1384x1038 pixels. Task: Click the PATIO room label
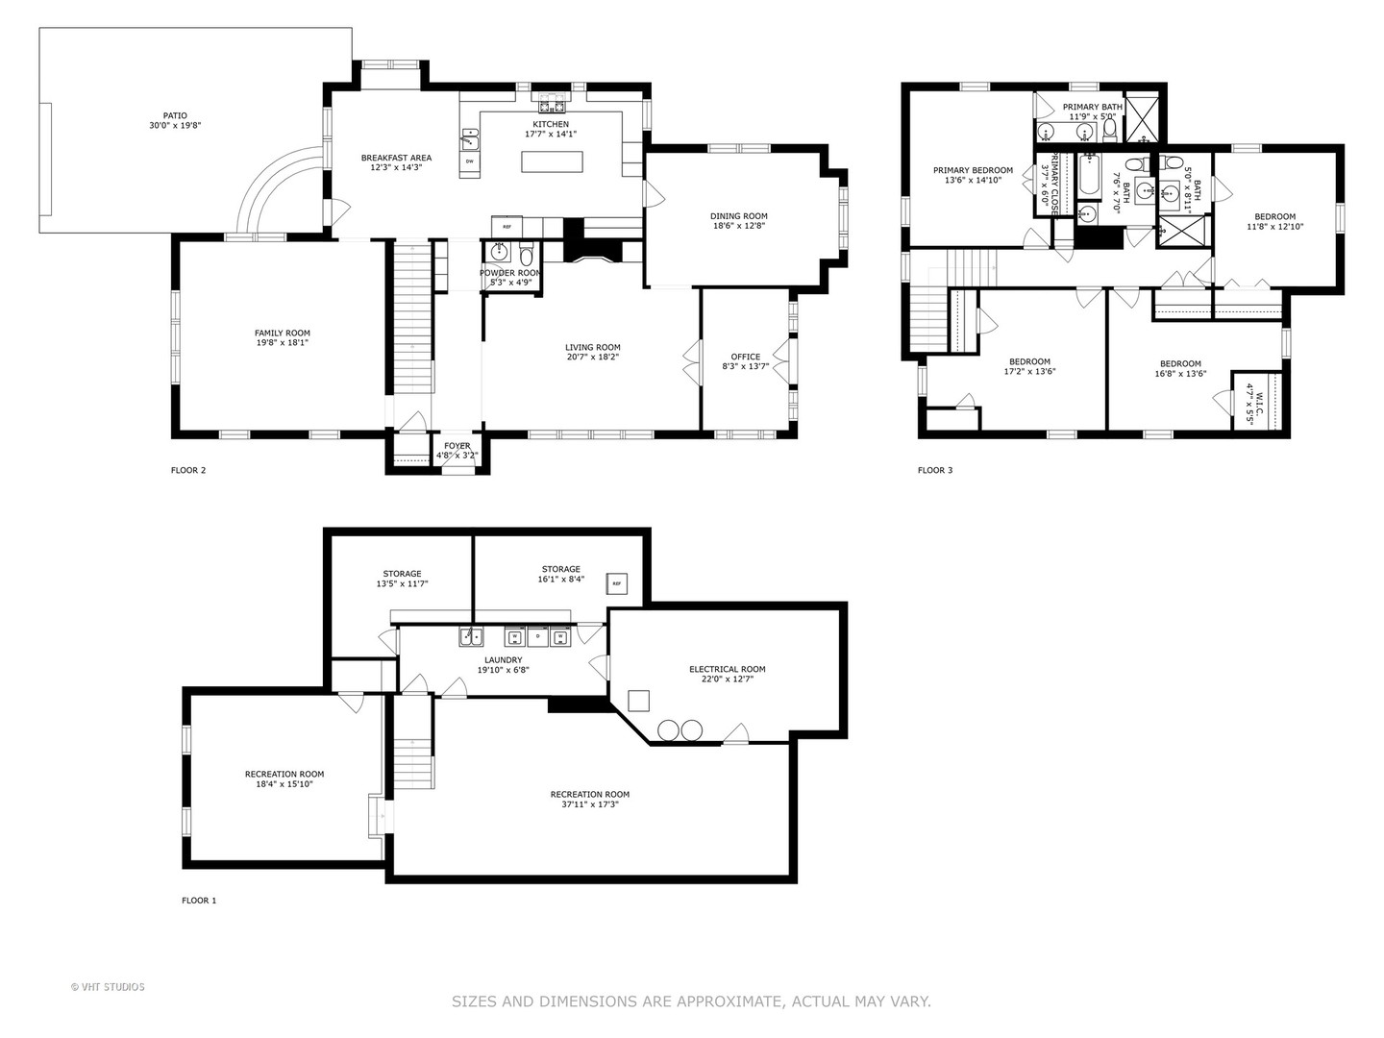coord(175,114)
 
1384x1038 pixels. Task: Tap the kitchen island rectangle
coord(553,161)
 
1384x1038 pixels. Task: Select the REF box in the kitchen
coord(507,227)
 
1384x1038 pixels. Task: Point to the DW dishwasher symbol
coord(470,161)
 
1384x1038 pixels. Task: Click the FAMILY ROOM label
coord(282,333)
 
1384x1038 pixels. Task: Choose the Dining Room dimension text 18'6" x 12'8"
coord(738,227)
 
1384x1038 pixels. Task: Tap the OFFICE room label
coord(745,357)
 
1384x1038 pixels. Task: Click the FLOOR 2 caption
coord(187,470)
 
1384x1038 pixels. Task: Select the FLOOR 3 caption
coord(935,470)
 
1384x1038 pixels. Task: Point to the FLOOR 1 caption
coord(199,901)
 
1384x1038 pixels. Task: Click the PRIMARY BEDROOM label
coord(973,170)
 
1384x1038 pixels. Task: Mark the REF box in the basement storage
coord(617,583)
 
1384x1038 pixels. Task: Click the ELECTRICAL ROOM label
coord(727,669)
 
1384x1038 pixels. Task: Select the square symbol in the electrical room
coord(638,700)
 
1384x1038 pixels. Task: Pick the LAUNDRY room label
coord(503,659)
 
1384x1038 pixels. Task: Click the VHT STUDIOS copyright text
coord(108,987)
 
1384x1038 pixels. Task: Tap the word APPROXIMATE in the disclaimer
coord(730,1001)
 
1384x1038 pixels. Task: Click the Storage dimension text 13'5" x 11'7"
coord(402,583)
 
